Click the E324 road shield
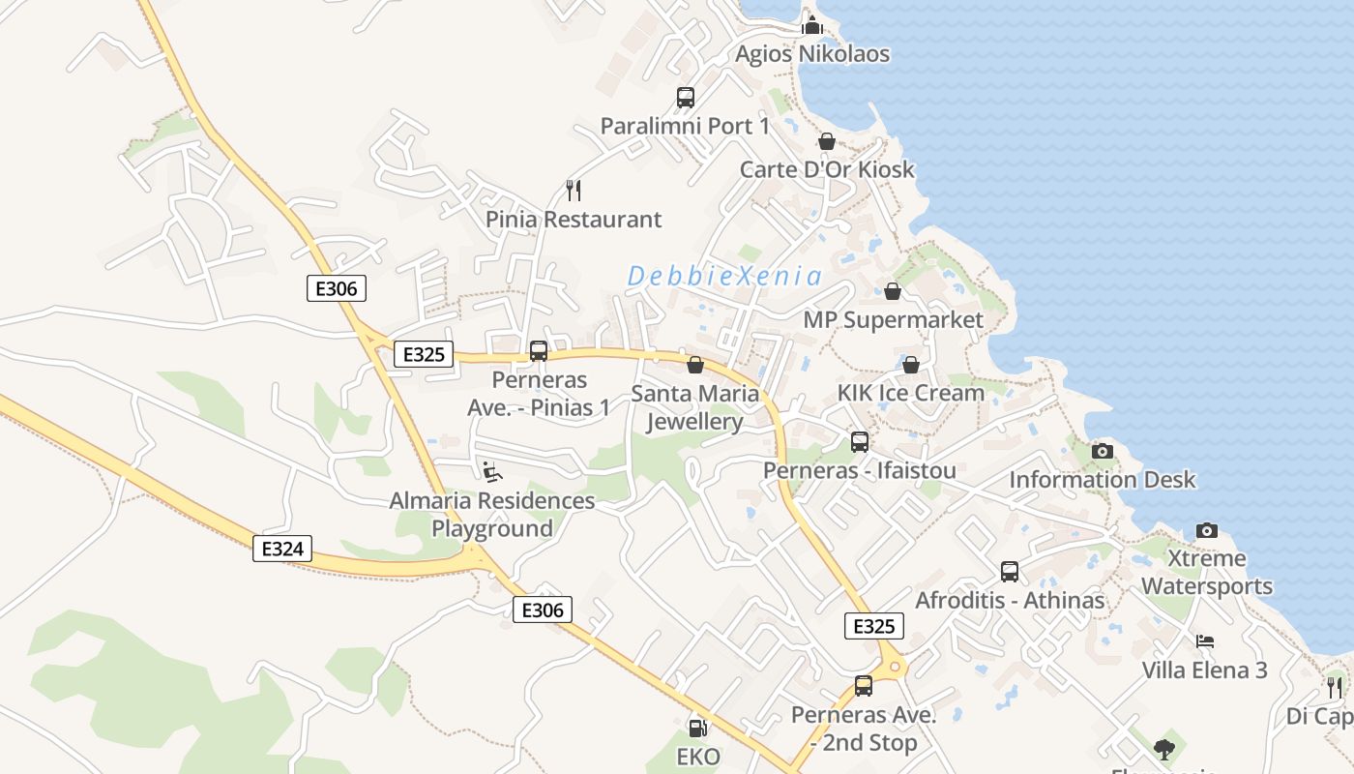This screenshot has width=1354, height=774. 282,549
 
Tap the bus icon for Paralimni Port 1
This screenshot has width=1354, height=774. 685,98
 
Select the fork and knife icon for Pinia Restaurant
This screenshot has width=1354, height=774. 573,190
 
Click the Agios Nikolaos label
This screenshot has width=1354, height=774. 811,54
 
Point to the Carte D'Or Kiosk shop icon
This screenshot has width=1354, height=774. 826,141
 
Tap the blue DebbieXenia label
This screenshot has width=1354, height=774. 724,277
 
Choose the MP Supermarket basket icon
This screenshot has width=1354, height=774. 893,291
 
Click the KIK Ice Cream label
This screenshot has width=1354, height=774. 910,393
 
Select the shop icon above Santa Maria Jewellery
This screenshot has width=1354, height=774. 694,365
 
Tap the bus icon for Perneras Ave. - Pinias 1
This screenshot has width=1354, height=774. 539,351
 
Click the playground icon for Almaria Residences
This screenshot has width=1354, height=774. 492,472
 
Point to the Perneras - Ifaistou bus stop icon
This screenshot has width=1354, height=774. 860,442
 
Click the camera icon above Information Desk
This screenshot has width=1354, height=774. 1102,451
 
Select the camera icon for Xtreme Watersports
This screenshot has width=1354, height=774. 1206,530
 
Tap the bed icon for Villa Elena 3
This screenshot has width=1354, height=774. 1204,641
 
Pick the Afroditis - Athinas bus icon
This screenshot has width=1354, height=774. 1010,572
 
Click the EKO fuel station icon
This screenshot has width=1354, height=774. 696,728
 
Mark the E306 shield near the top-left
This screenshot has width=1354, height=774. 337,288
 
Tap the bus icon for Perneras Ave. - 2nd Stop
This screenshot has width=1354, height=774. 864,686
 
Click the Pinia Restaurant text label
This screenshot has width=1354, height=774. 574,220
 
